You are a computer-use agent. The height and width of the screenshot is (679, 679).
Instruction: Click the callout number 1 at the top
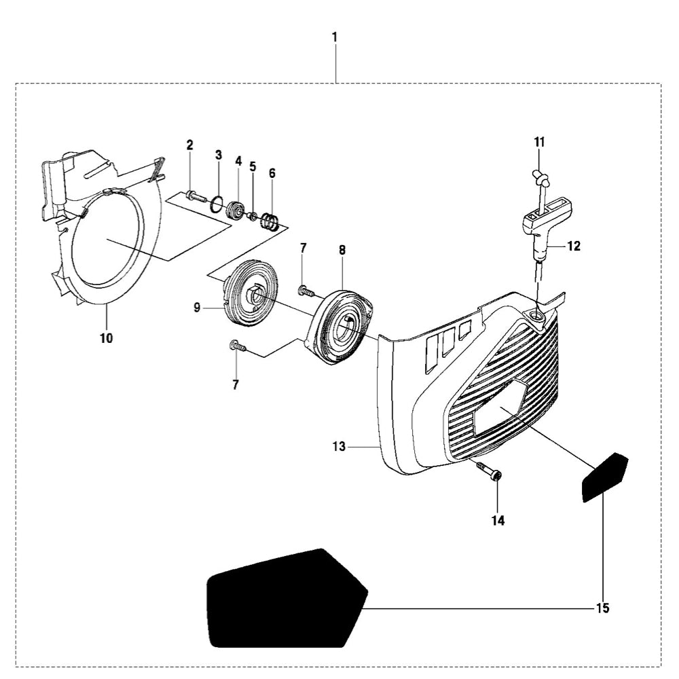[334, 37]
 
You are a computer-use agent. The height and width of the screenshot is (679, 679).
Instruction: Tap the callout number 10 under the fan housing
[107, 337]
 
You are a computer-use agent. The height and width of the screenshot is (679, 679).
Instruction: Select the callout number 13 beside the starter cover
[339, 446]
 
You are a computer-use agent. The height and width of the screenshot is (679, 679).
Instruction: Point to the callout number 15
[602, 608]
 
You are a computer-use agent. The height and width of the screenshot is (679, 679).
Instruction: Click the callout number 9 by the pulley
[197, 308]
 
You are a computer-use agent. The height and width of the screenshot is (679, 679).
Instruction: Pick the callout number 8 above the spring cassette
[342, 250]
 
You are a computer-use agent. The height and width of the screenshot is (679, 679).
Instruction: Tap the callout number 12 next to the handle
[574, 246]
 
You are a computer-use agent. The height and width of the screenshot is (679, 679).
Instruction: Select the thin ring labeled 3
[217, 204]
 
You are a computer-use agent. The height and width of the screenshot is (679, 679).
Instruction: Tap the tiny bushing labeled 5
[252, 216]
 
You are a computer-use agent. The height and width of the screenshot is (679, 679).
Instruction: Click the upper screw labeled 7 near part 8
[306, 291]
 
